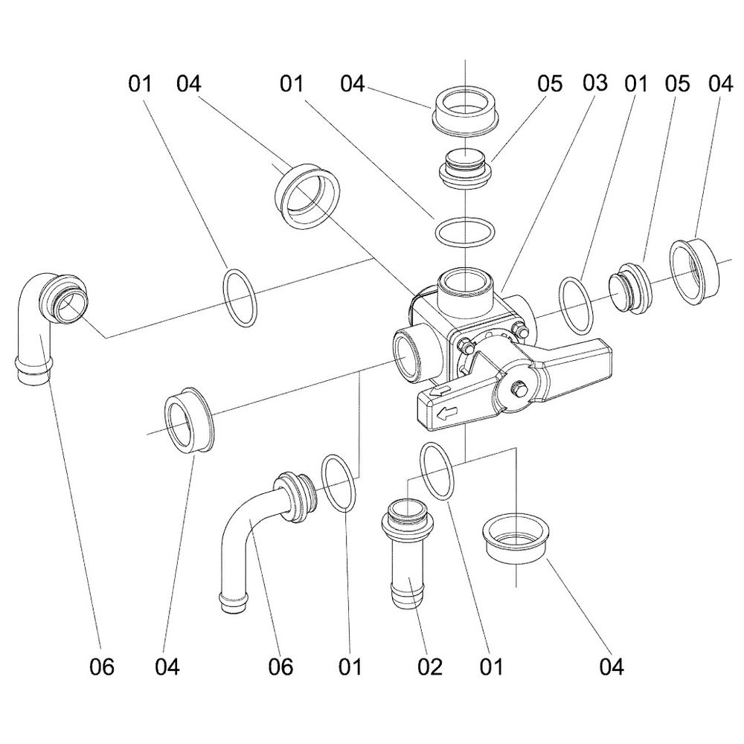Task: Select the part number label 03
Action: pos(596,83)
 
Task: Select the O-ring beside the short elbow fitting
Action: pos(240,298)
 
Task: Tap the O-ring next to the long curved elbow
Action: pos(339,484)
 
